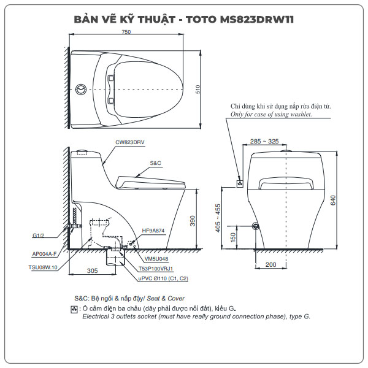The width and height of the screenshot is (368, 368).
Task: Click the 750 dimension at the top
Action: [x=126, y=32]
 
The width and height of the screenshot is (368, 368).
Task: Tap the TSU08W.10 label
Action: [x=43, y=267]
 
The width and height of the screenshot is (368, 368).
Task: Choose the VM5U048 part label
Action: [x=140, y=259]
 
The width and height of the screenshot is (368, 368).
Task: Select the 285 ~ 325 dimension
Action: [x=265, y=142]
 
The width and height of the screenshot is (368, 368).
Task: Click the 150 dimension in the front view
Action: [x=234, y=237]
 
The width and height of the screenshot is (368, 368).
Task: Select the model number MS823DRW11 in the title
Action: [x=257, y=18]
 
